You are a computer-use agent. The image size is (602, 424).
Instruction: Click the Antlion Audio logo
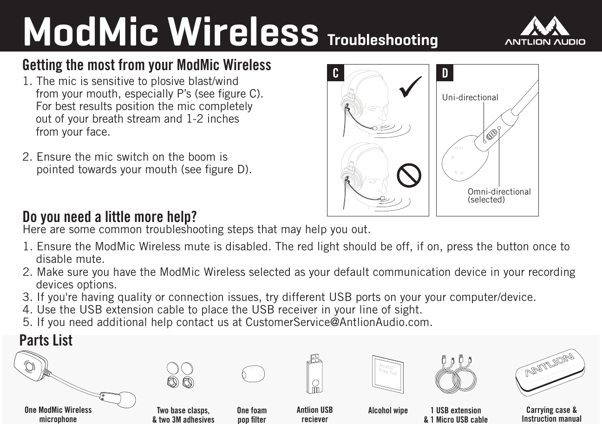[x=544, y=32]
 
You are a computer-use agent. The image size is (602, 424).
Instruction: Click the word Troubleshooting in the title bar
[x=382, y=40]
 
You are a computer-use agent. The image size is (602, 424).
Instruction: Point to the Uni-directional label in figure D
[x=470, y=98]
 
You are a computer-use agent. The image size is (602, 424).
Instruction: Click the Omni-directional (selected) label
[x=499, y=196]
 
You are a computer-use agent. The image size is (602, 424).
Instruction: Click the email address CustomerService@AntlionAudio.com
[x=338, y=322]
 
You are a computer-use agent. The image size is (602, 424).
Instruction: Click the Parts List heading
[x=46, y=340]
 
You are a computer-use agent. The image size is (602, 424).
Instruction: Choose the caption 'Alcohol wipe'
[x=387, y=411]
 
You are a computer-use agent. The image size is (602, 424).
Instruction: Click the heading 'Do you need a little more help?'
[x=110, y=216]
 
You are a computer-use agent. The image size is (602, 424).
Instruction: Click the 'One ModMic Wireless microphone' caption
[x=58, y=414]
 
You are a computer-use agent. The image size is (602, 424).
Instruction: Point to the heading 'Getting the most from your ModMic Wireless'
[x=147, y=65]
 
